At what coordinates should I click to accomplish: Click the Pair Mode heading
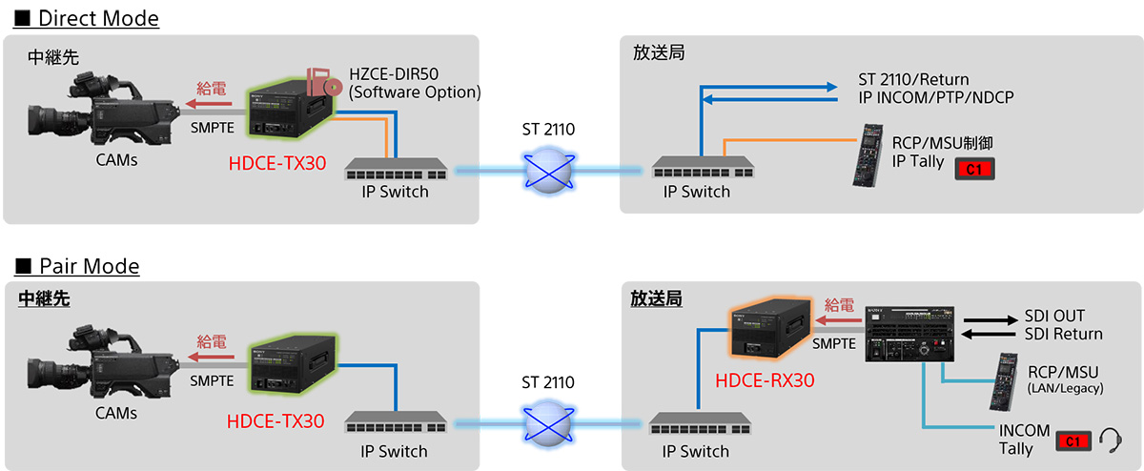tap(80, 266)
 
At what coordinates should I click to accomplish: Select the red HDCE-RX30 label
tap(765, 379)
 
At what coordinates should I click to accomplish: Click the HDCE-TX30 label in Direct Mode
tap(277, 163)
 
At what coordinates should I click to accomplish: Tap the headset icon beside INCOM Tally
tap(1109, 440)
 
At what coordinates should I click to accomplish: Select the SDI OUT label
tap(1054, 316)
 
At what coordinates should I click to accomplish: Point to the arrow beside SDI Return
tap(990, 335)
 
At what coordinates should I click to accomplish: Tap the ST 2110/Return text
tap(913, 79)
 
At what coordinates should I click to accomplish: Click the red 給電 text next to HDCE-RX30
tap(840, 305)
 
